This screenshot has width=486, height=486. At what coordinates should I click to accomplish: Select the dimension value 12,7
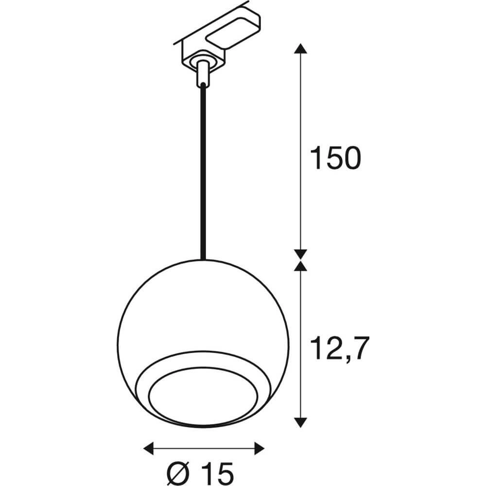337,347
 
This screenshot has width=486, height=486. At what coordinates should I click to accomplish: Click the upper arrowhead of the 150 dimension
301,49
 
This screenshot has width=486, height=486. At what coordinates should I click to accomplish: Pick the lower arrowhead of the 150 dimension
301,253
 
